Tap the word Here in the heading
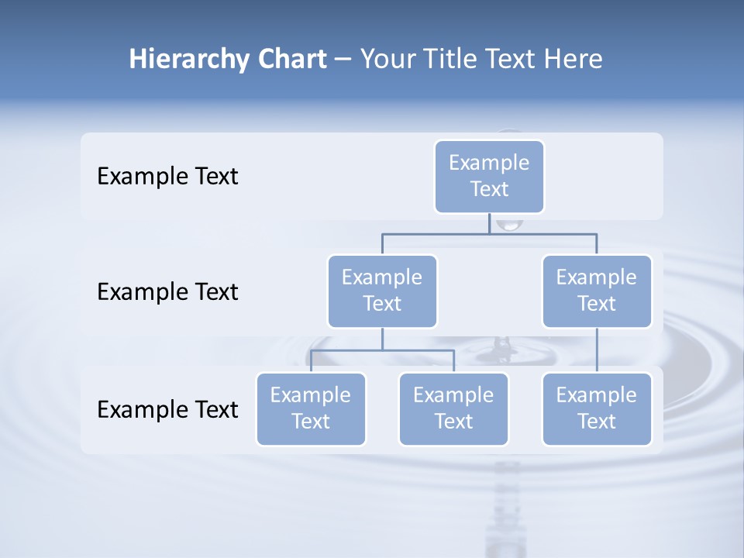(x=572, y=60)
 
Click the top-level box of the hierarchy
(x=489, y=177)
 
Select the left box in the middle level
(x=382, y=291)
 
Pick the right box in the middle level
(x=597, y=291)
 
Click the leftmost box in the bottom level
(x=311, y=408)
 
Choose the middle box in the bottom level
(x=453, y=408)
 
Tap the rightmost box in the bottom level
(x=597, y=408)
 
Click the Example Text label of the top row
(x=167, y=177)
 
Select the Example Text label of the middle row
(x=167, y=292)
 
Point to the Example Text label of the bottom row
(x=167, y=410)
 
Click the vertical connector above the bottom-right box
(x=597, y=350)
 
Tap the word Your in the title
(x=384, y=60)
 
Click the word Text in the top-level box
(x=489, y=189)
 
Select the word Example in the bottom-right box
(x=597, y=395)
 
